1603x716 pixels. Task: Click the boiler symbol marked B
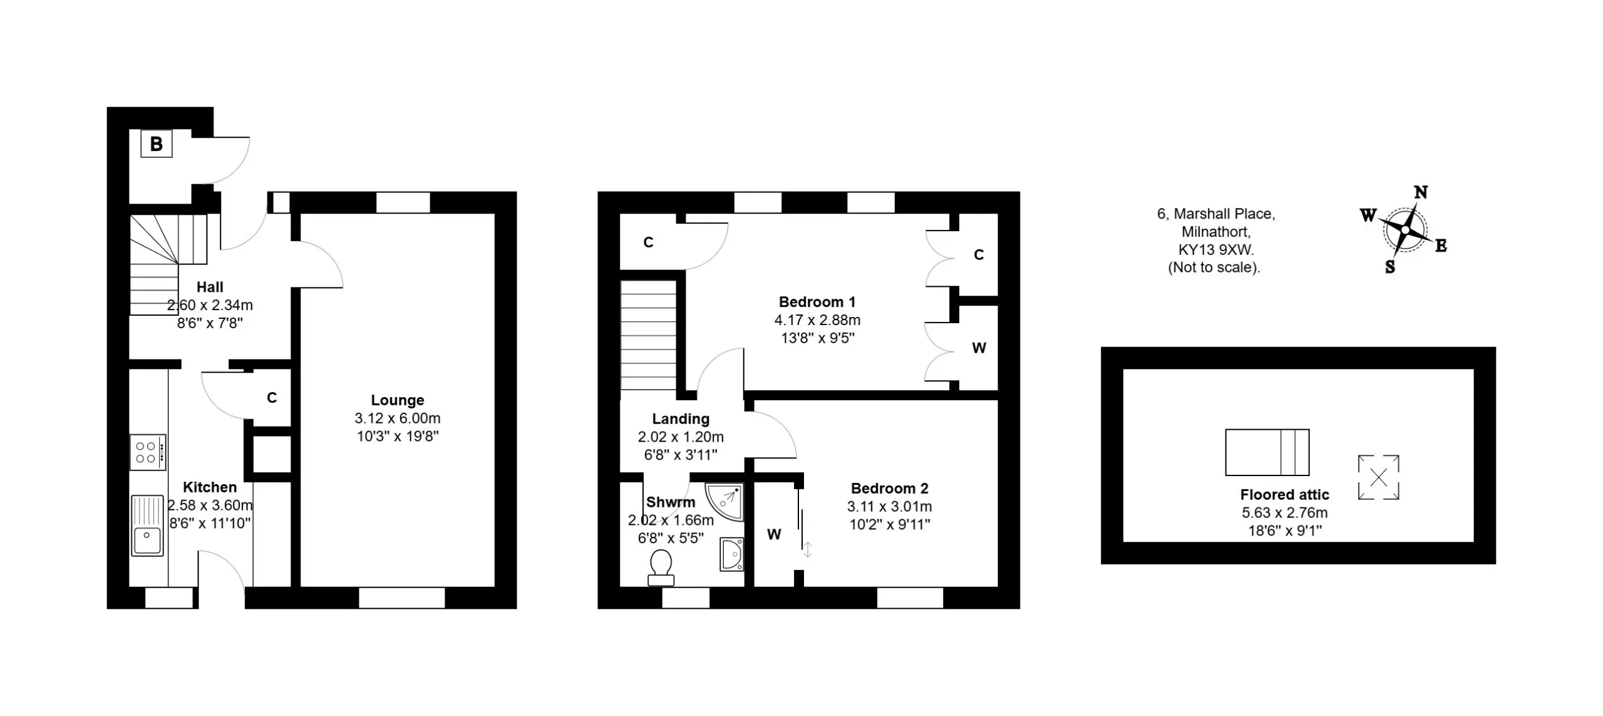coord(156,144)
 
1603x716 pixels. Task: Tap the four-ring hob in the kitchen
coord(148,452)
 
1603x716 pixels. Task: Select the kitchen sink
coord(148,526)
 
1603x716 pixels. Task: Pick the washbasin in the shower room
coord(731,554)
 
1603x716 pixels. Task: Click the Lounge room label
coord(398,400)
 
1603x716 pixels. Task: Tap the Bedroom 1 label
coord(817,302)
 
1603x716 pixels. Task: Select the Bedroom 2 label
coord(890,489)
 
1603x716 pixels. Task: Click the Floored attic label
coord(1285,495)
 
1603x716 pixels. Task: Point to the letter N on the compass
coord(1421,192)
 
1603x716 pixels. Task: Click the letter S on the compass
coord(1390,267)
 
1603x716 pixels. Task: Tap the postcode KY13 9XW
coord(1216,250)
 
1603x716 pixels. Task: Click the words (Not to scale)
coord(1214,267)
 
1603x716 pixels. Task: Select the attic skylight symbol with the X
coord(1378,477)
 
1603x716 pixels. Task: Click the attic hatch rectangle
coord(1267,452)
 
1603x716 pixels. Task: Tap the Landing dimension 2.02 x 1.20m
coord(681,437)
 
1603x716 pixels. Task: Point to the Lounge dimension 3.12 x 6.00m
coord(398,418)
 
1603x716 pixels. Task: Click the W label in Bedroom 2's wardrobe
coord(775,534)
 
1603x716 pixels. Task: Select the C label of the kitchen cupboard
coord(272,398)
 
